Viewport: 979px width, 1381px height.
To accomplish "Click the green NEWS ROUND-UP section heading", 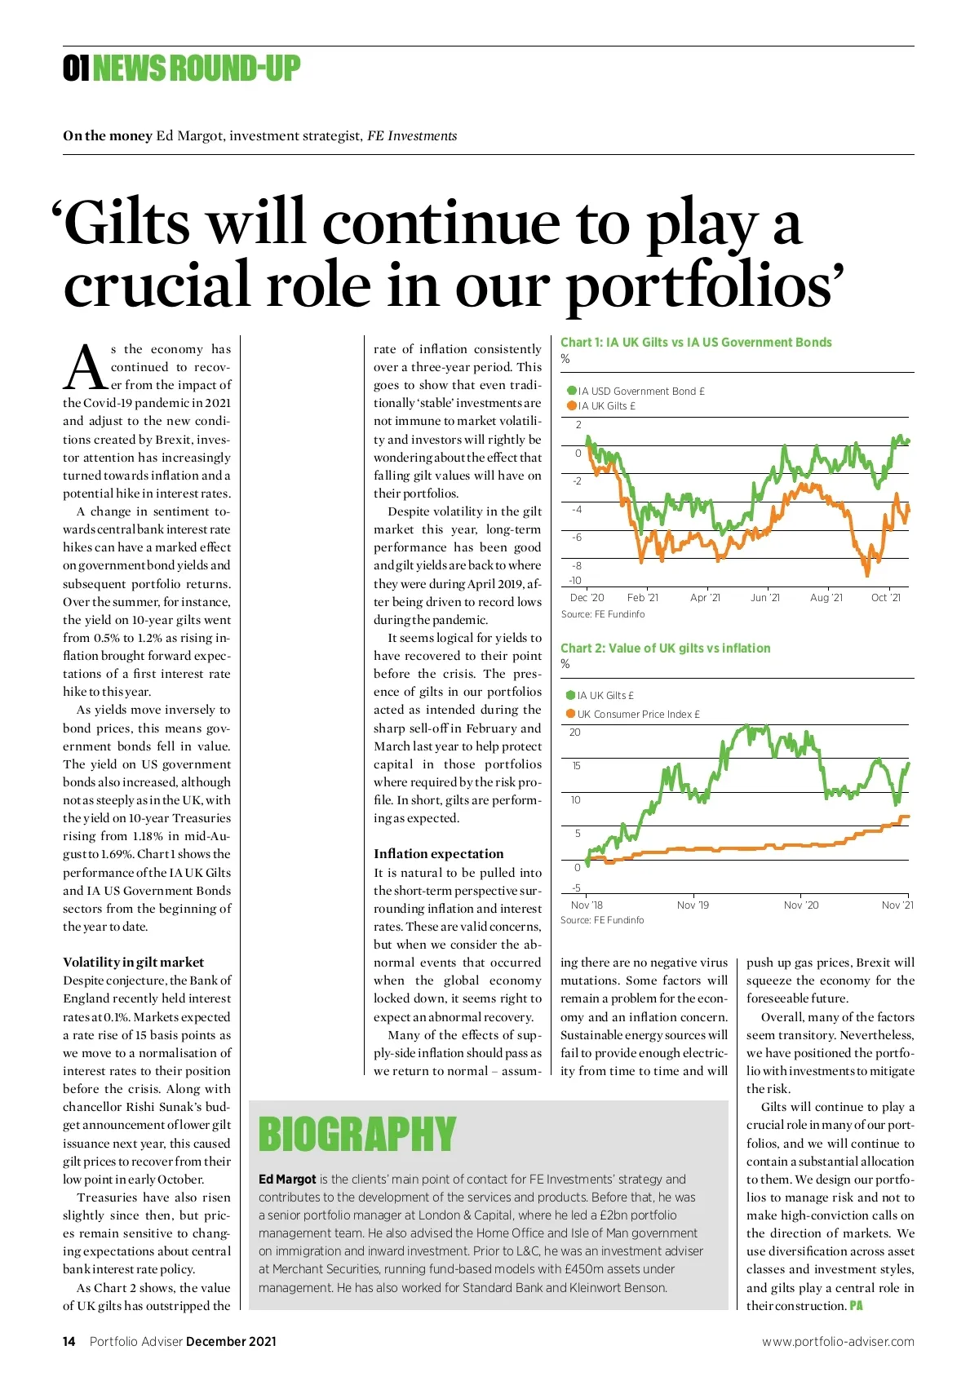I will click(196, 69).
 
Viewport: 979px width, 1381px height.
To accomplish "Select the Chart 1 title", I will click(696, 343).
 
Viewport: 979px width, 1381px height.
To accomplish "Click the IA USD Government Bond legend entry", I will click(636, 391).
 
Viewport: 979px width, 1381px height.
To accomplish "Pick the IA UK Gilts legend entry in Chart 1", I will click(601, 405).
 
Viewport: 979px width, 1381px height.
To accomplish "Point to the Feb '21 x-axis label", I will click(643, 598).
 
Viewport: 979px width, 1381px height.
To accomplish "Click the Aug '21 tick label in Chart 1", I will click(826, 598).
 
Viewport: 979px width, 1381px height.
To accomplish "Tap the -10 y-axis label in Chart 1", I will click(575, 581).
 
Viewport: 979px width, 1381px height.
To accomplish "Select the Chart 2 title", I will click(665, 648).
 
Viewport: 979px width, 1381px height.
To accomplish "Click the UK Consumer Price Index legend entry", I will click(633, 714).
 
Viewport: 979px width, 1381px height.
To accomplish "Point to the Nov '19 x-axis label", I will click(693, 905).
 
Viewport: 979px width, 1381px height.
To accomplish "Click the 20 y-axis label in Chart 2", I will click(575, 733).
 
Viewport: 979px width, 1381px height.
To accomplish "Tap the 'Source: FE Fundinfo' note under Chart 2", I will click(602, 920).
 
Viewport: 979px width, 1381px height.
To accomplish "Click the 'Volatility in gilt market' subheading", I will click(134, 963).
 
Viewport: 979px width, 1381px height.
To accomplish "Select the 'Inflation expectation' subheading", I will click(439, 854).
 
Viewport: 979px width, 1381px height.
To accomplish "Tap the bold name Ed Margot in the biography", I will click(287, 1180).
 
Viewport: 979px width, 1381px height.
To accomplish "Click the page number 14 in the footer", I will click(69, 1341).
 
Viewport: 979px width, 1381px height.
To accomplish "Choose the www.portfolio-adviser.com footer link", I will click(838, 1341).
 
